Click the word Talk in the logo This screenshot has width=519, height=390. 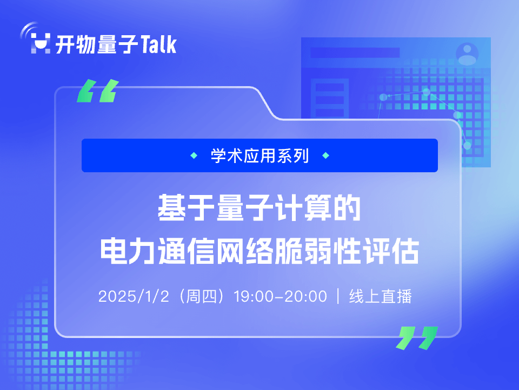[x=158, y=44]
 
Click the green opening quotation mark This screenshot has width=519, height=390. [x=98, y=90]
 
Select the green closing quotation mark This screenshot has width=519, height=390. [x=417, y=338]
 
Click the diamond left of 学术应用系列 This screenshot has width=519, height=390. [x=194, y=155]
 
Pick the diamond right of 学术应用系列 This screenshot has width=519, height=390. [x=325, y=155]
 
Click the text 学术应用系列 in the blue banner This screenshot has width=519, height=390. [x=260, y=155]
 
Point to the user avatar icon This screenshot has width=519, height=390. [x=467, y=54]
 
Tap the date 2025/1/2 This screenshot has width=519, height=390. [x=134, y=296]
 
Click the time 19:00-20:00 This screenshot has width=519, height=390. [x=281, y=296]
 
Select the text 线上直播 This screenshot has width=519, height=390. [x=380, y=296]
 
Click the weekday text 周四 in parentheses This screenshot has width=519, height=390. [x=201, y=296]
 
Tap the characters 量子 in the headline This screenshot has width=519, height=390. [x=244, y=208]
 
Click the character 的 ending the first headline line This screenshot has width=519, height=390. [x=347, y=208]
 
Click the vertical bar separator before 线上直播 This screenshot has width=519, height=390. [x=338, y=296]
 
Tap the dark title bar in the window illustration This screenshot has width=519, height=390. [x=355, y=53]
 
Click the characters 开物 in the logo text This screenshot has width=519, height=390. [x=76, y=44]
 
